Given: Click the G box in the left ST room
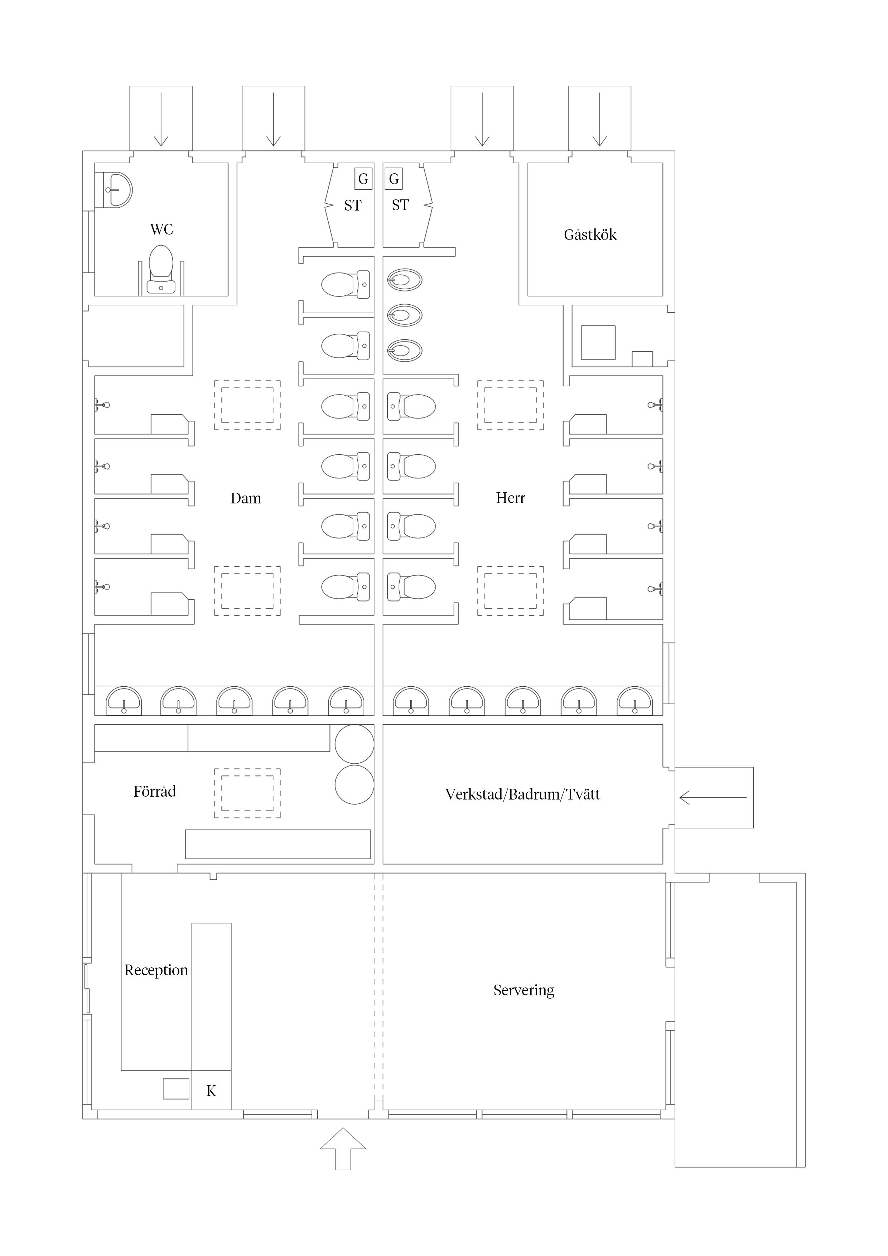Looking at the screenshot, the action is [x=363, y=179].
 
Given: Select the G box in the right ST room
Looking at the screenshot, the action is [x=394, y=179].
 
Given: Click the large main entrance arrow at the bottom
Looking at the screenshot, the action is [x=343, y=1149].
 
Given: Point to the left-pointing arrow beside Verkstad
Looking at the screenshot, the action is [x=713, y=798].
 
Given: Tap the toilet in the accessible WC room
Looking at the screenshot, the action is [x=161, y=270].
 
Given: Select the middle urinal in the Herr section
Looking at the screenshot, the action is [x=405, y=315].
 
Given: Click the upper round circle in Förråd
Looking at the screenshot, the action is [x=354, y=744].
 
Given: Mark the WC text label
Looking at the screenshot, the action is [x=161, y=229].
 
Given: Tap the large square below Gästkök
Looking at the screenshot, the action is [x=598, y=342].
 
